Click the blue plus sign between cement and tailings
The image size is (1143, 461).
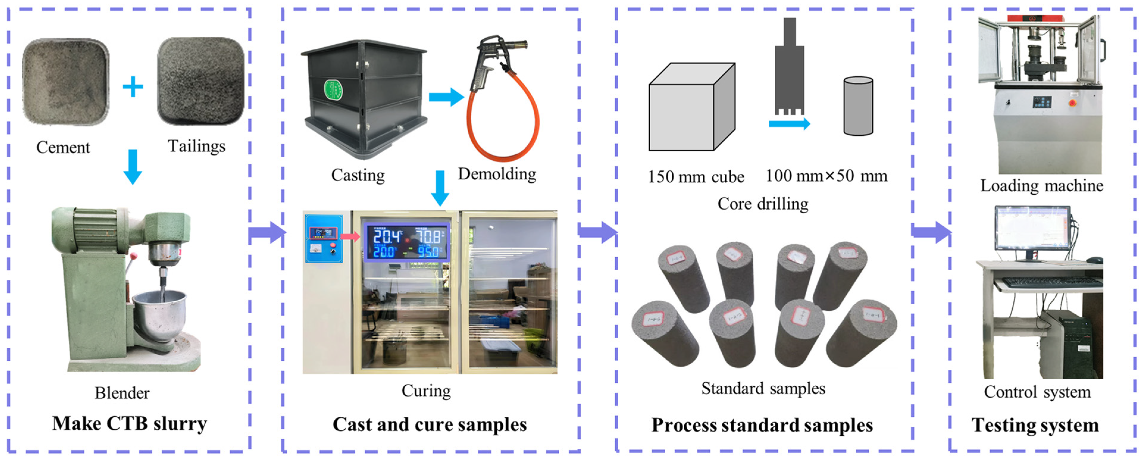click(x=133, y=87)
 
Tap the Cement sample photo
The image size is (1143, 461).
click(x=66, y=82)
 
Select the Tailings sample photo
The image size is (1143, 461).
click(x=201, y=81)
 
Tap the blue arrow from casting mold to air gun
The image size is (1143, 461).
click(x=445, y=97)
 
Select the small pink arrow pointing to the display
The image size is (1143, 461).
click(x=350, y=236)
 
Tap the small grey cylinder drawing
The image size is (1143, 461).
click(x=858, y=106)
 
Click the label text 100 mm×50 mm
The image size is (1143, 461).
click(x=826, y=176)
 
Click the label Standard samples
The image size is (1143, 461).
click(x=763, y=389)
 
